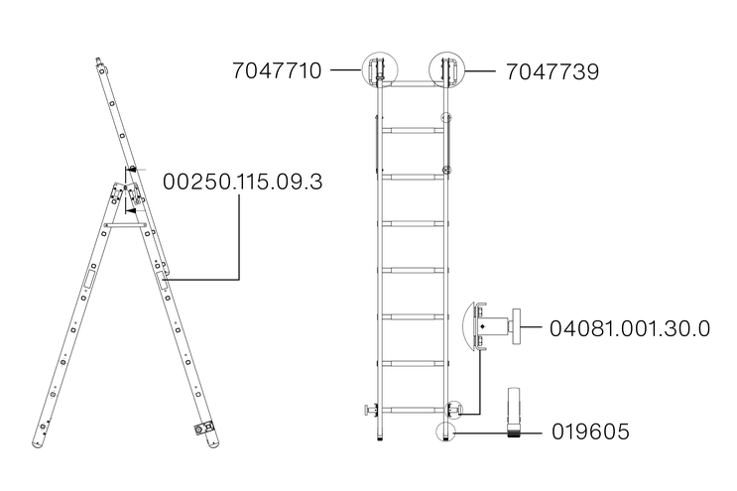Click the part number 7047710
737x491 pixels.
coord(277,71)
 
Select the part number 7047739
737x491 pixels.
coord(553,71)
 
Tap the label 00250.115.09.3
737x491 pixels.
coord(243,182)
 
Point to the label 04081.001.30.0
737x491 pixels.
coord(630,328)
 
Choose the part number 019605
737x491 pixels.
coord(590,431)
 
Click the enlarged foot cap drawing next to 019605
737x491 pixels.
coord(515,413)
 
